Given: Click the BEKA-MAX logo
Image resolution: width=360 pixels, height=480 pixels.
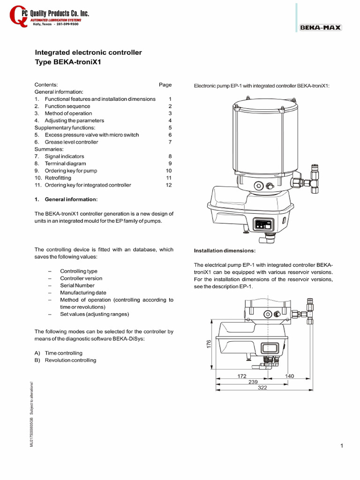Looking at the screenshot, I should coord(321,28).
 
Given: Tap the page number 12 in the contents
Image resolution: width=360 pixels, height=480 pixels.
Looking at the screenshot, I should coord(169,185).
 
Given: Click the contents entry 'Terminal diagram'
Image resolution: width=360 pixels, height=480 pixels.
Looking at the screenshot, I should coord(65,164).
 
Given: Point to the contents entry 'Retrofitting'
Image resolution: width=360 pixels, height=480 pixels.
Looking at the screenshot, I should coord(58,178).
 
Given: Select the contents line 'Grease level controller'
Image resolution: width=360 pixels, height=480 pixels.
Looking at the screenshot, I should coord(71,142).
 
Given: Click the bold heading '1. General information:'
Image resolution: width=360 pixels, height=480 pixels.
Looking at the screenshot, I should coord(66,200).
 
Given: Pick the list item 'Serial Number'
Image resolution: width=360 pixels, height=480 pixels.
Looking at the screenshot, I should coord(77,285).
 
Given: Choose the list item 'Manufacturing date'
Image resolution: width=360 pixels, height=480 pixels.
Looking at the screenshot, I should coord(83,292).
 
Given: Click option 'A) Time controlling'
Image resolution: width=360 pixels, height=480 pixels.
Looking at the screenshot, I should coord(58,353).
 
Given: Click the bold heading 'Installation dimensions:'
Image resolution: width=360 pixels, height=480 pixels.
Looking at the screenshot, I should coord(225,251).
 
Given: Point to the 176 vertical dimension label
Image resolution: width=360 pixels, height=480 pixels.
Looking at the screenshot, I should coord(209,344).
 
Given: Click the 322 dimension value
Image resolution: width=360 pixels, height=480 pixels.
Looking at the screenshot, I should coord(262,388).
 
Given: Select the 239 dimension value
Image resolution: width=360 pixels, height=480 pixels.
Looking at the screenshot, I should coord(253,382).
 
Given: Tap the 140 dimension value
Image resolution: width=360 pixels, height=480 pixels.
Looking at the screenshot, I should coord(289,376).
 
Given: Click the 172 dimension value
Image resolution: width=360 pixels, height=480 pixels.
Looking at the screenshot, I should coord(242,376).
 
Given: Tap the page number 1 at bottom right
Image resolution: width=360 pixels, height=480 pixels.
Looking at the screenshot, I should coord(342,446).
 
